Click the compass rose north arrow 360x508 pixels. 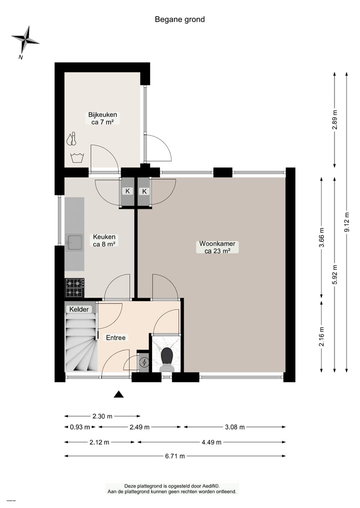tap(25, 39)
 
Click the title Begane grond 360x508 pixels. tap(179, 19)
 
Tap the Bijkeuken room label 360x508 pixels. tap(102, 115)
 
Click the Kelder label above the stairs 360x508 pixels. tap(79, 309)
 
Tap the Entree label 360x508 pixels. tap(115, 338)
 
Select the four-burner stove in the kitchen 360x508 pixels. tap(74, 288)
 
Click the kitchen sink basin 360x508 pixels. tap(75, 243)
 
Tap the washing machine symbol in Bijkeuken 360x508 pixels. tap(77, 158)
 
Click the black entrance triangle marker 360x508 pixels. tap(118, 395)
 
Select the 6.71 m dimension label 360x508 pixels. tap(174, 456)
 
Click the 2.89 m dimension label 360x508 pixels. tap(334, 120)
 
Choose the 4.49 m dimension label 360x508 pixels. tap(211, 442)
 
